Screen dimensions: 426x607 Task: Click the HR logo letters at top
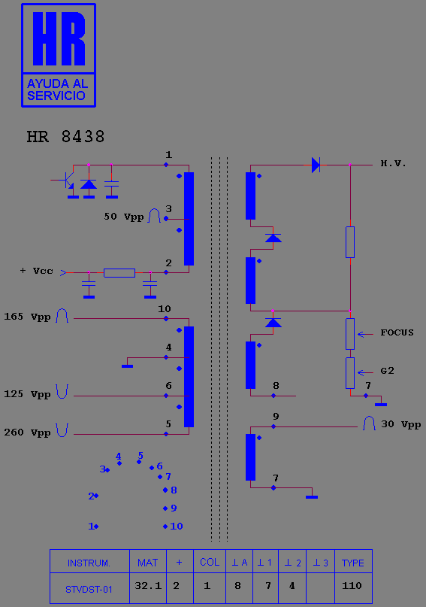(59, 38)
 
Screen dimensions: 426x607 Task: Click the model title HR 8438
(65, 137)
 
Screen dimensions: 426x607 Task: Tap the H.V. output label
(393, 163)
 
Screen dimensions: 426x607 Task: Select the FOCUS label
(397, 332)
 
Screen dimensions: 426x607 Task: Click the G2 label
(388, 371)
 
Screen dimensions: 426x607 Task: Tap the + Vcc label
(36, 271)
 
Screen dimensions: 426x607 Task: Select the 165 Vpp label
(27, 317)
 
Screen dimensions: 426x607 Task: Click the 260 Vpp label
(27, 432)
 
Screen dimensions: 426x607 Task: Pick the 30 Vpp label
(401, 424)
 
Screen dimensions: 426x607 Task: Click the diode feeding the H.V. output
(316, 165)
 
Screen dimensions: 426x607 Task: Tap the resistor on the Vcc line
(119, 272)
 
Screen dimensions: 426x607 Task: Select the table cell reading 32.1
(148, 586)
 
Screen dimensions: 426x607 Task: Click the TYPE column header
(353, 563)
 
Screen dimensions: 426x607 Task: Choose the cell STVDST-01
(89, 590)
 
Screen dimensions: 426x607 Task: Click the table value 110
(352, 586)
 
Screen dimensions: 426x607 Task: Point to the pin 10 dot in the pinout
(165, 527)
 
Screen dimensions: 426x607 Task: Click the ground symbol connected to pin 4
(127, 366)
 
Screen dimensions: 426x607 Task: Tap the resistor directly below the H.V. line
(350, 242)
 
